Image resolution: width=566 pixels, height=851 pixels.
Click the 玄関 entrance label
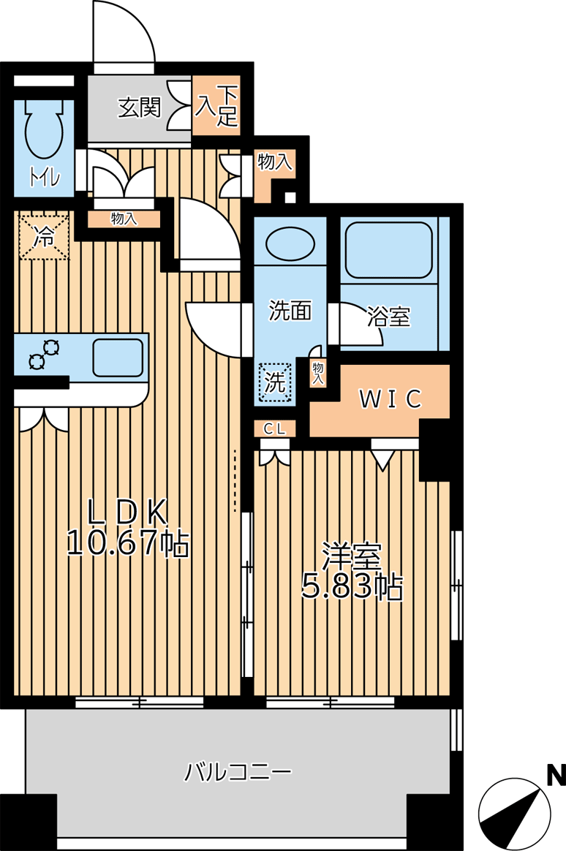[x=140, y=107]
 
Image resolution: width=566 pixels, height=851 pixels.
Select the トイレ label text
[x=45, y=178]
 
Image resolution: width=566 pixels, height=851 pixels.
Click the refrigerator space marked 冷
[x=45, y=237]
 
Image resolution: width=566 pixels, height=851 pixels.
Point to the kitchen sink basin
[x=118, y=358]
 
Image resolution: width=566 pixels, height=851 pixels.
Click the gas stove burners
[x=44, y=354]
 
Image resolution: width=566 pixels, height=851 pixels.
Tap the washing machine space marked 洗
[x=275, y=382]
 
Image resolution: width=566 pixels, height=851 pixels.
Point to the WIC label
[x=390, y=399]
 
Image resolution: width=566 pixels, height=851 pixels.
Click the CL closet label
[x=274, y=428]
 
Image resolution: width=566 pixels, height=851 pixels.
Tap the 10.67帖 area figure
[x=127, y=542]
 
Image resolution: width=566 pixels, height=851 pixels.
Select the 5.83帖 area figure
[x=352, y=586]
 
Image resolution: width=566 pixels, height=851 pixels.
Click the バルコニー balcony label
[x=238, y=771]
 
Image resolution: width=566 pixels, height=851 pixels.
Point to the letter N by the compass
[x=556, y=776]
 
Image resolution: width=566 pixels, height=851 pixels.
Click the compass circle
[x=515, y=814]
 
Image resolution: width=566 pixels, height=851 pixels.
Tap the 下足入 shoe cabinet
[x=216, y=106]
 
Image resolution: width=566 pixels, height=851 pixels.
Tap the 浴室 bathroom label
[x=388, y=317]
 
